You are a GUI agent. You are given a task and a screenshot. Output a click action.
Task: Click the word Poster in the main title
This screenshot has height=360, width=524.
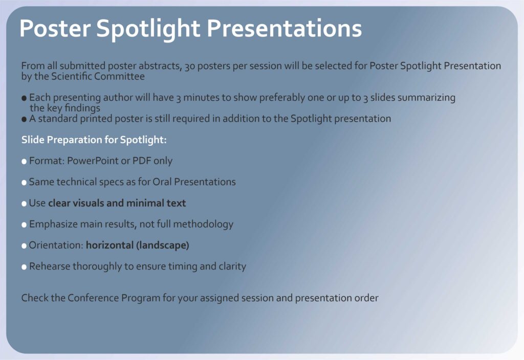pyautogui.click(x=55, y=28)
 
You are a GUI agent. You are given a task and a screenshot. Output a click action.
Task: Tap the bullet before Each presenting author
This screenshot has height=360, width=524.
pyautogui.click(x=24, y=98)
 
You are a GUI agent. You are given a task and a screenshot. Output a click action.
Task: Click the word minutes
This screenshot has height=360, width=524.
pyautogui.click(x=200, y=98)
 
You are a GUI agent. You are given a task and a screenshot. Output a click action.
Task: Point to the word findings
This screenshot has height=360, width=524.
pyautogui.click(x=82, y=108)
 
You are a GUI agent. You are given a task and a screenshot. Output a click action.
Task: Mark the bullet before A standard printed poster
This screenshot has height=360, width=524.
pyautogui.click(x=24, y=119)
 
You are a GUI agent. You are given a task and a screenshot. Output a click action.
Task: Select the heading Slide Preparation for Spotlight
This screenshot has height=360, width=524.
pyautogui.click(x=94, y=140)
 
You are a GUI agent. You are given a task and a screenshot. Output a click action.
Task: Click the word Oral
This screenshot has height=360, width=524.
pyautogui.click(x=162, y=182)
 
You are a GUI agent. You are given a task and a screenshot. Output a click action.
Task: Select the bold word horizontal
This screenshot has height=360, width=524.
pyautogui.click(x=110, y=245)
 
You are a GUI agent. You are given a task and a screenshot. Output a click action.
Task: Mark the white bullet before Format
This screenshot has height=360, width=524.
pyautogui.click(x=24, y=162)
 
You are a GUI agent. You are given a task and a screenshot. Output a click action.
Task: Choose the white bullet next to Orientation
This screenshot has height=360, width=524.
pyautogui.click(x=24, y=246)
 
